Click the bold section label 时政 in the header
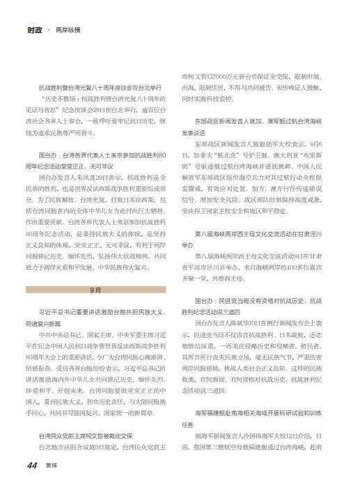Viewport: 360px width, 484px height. point(35,31)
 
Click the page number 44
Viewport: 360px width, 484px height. point(32,466)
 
